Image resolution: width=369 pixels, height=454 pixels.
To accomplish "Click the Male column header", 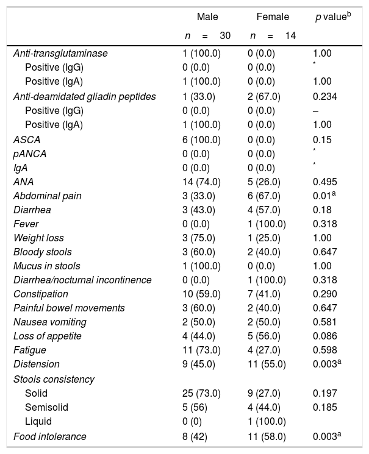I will [x=207, y=17].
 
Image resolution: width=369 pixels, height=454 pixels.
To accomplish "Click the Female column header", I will [x=273, y=17].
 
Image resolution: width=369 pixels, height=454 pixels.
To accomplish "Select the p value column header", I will [x=332, y=17].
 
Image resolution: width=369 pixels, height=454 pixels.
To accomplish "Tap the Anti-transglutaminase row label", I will [x=60, y=54].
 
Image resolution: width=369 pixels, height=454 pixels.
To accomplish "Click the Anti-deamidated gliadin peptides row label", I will [x=84, y=96].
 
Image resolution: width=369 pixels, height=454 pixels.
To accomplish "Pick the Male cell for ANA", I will [x=201, y=182].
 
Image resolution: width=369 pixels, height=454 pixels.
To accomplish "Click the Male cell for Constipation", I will [x=201, y=294].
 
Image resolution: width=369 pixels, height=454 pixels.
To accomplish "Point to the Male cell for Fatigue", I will [x=201, y=350].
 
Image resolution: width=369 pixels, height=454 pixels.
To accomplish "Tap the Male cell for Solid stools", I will [x=201, y=393].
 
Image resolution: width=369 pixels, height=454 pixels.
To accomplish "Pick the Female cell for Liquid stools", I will [x=263, y=421].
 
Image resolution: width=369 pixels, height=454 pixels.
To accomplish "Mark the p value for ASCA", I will [x=321, y=140].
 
